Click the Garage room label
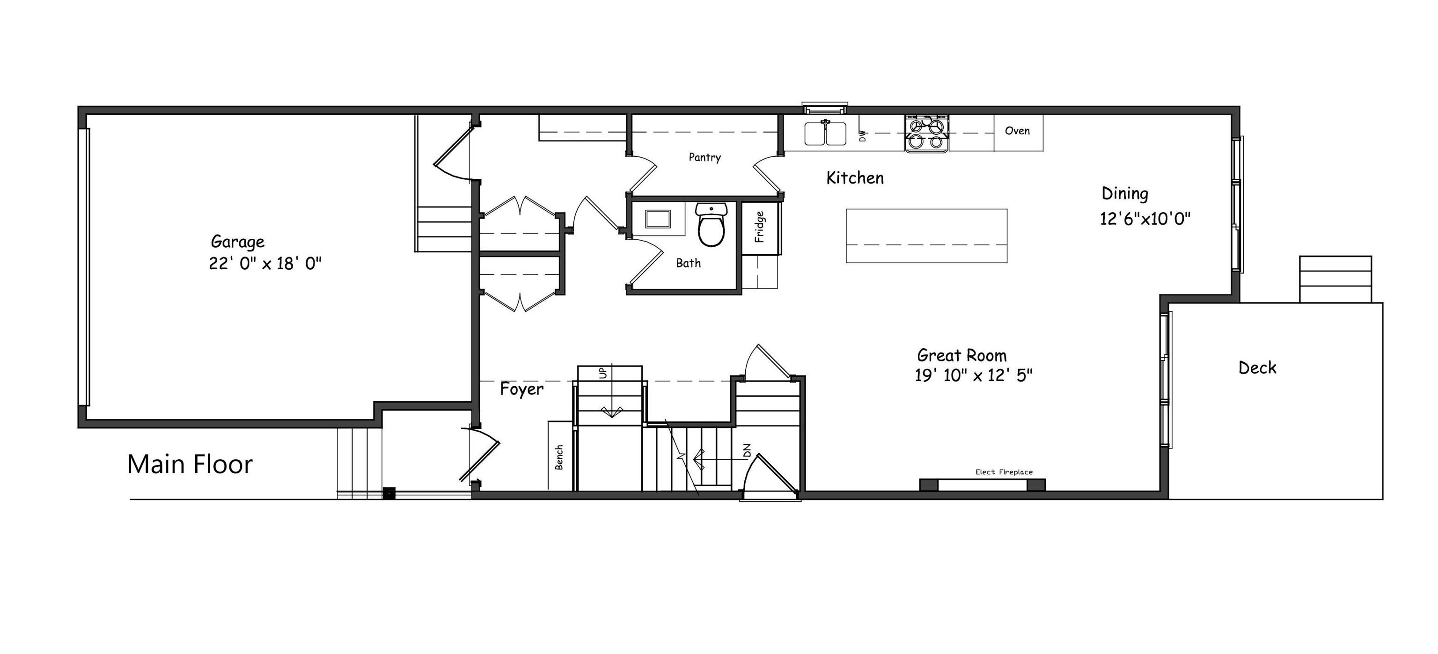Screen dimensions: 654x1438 click(237, 242)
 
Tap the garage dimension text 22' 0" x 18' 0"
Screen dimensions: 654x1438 click(265, 264)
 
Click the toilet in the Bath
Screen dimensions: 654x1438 click(711, 226)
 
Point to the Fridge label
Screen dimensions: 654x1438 click(759, 227)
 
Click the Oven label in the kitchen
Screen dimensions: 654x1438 click(1017, 131)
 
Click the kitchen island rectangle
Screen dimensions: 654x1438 click(926, 235)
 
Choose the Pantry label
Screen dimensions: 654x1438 click(704, 157)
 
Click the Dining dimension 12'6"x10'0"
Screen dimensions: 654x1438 click(1145, 218)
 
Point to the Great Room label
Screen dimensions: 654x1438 click(962, 355)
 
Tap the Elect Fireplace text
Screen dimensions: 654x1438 click(1004, 472)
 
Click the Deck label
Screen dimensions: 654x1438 click(1257, 367)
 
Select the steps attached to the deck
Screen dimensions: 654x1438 click(1335, 279)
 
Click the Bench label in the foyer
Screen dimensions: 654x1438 click(559, 457)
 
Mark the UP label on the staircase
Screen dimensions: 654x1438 click(602, 373)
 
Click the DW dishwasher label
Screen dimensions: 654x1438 click(862, 136)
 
